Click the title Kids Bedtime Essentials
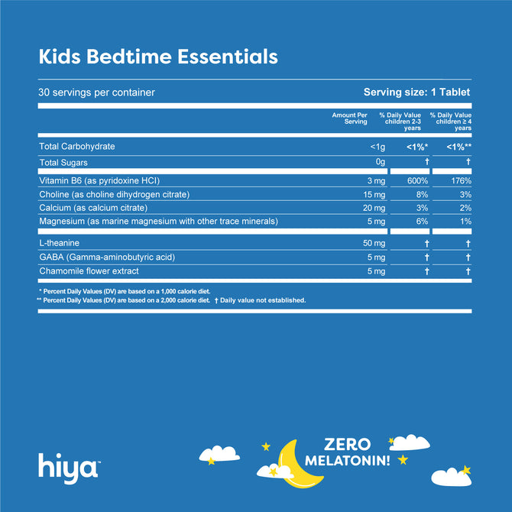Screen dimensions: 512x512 click(158, 57)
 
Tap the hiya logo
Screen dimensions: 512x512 click(67, 465)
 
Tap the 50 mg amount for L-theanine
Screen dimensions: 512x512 click(355, 243)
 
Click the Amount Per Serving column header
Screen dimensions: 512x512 click(350, 118)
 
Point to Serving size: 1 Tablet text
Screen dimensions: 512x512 click(416, 92)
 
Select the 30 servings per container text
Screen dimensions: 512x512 click(97, 92)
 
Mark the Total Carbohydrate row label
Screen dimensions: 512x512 click(82, 146)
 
